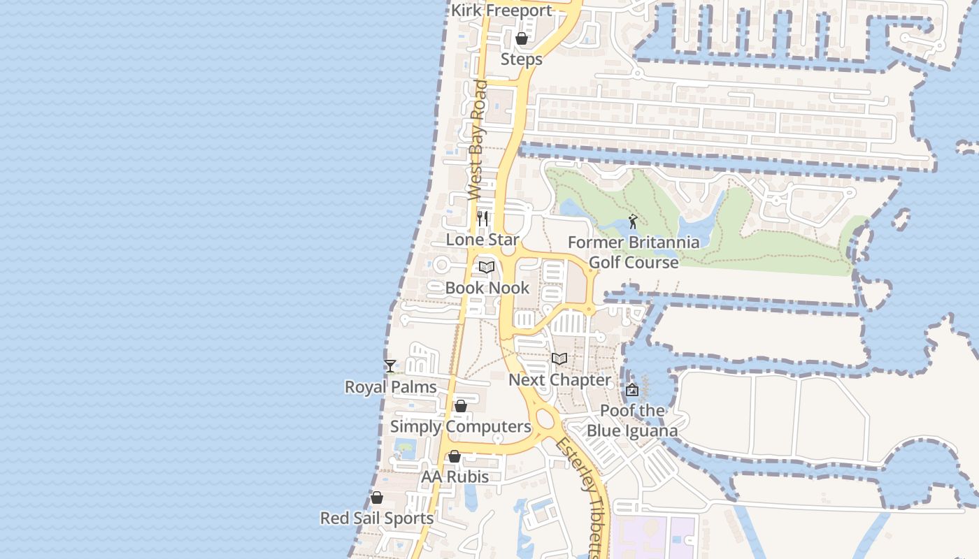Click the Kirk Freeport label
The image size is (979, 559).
click(x=501, y=10)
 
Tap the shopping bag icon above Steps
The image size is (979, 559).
click(x=521, y=38)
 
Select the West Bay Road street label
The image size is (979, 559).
click(x=477, y=140)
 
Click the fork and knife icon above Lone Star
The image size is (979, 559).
click(x=483, y=218)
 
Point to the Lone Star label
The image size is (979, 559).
click(x=483, y=240)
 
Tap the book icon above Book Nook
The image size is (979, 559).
click(x=487, y=267)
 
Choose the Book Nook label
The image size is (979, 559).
click(x=487, y=288)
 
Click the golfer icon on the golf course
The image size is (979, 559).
click(x=633, y=222)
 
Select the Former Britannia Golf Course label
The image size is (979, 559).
click(x=634, y=252)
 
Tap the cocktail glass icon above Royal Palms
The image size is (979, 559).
click(x=390, y=365)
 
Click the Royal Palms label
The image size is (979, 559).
click(x=391, y=387)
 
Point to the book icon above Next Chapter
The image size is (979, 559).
click(x=559, y=358)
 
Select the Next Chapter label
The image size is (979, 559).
click(x=559, y=380)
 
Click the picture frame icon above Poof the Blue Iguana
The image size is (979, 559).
click(x=632, y=390)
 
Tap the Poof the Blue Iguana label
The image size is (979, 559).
click(x=632, y=420)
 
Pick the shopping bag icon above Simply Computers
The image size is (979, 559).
click(x=461, y=406)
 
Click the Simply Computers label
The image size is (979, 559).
click(x=461, y=427)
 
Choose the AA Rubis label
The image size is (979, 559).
click(x=455, y=477)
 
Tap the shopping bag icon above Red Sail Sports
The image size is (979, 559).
click(x=377, y=498)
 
